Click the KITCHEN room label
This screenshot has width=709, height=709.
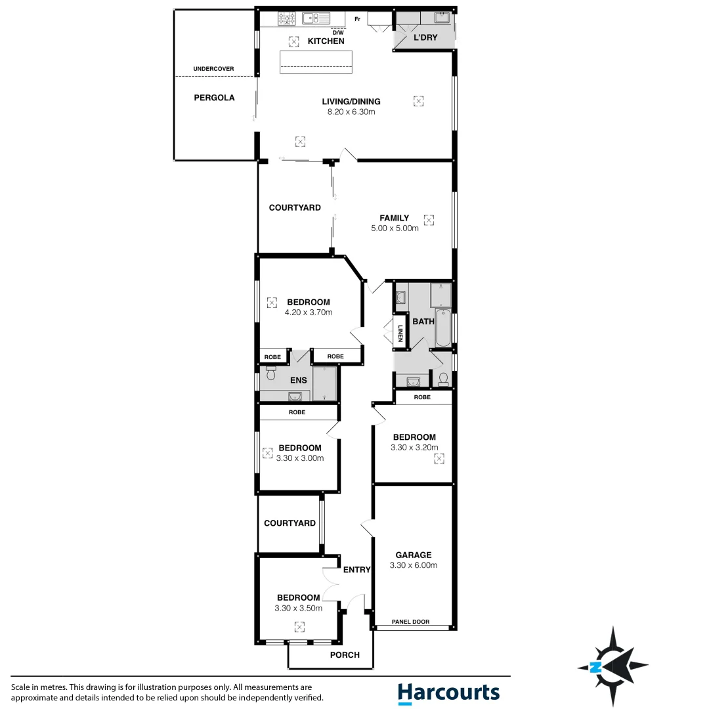(326, 41)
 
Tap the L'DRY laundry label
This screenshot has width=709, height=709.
(425, 37)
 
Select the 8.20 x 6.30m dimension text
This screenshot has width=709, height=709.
(351, 112)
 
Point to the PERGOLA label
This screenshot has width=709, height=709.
(214, 98)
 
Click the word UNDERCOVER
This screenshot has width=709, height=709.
(213, 69)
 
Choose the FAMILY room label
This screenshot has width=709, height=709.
(394, 218)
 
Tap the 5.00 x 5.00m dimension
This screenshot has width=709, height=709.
(395, 228)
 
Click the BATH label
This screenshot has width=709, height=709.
(423, 322)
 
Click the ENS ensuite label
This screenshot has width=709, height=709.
(298, 380)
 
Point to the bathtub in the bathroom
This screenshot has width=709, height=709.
(442, 327)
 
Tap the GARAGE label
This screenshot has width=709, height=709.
(413, 555)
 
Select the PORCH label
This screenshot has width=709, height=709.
(345, 655)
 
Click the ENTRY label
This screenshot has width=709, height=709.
(356, 570)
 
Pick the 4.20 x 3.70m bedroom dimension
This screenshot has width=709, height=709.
(309, 312)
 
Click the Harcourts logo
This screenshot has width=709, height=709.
(448, 693)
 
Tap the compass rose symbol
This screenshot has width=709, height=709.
(612, 666)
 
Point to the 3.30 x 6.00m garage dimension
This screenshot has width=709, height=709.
(413, 565)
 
